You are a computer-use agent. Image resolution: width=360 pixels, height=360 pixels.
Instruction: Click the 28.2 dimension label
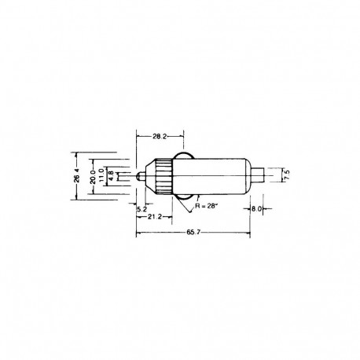pos(160,136)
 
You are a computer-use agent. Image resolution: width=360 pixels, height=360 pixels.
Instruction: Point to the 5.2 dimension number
pos(140,209)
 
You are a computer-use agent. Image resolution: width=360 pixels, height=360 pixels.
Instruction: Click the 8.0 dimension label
pos(257,210)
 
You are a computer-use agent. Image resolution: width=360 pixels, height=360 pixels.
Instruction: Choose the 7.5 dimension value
pos(287,174)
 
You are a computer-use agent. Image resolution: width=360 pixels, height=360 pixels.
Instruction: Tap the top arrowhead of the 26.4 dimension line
pos(76,152)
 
